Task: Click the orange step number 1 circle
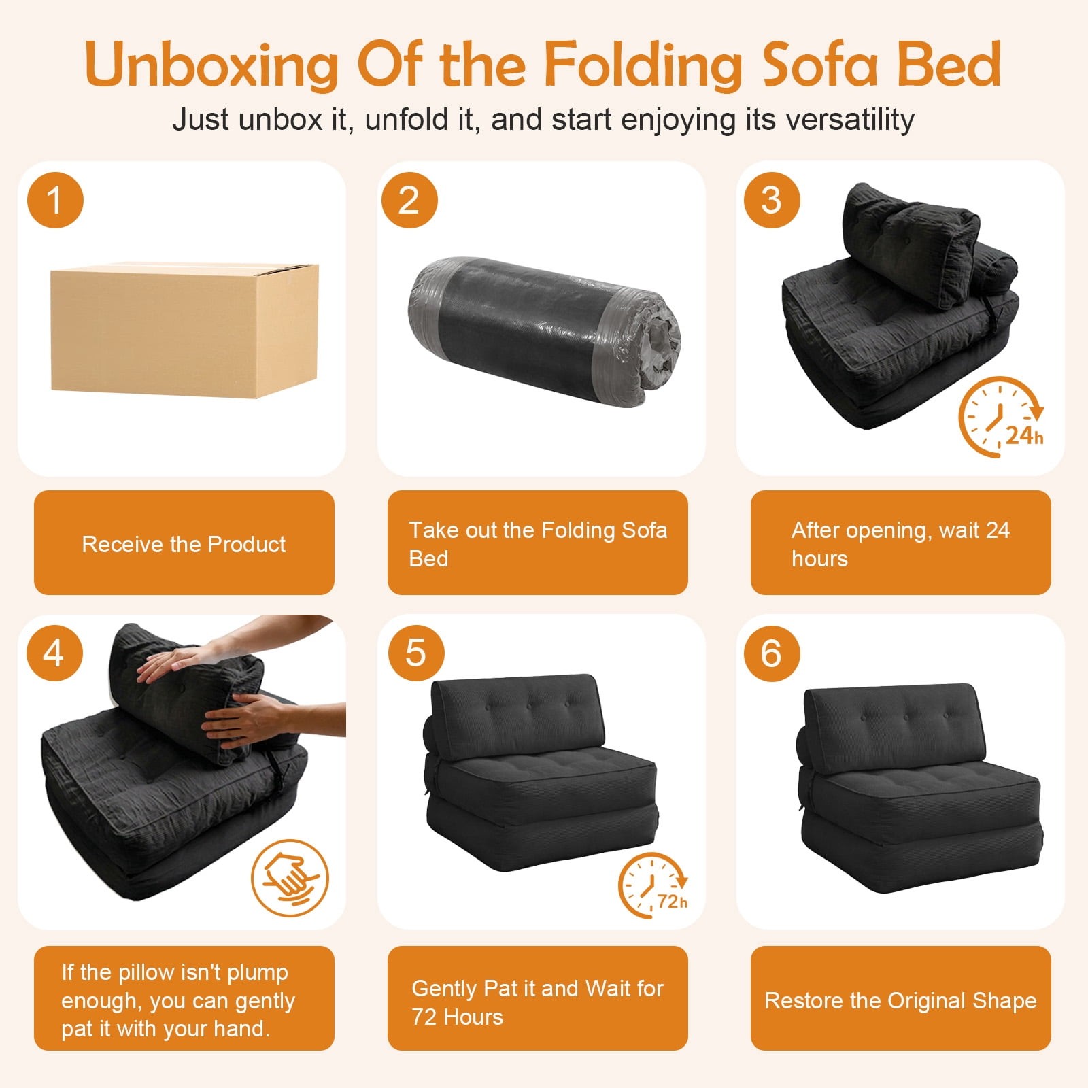[55, 201]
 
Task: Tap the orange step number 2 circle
[409, 201]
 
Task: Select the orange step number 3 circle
[772, 201]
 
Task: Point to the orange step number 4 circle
[54, 653]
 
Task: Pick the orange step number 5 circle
[415, 653]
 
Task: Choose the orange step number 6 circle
[772, 653]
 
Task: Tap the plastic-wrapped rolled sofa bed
[544, 332]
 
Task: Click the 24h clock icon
[1001, 416]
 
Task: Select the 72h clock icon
[653, 885]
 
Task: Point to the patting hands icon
[290, 877]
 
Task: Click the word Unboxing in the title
[211, 65]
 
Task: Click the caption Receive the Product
[184, 544]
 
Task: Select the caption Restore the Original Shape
[900, 1001]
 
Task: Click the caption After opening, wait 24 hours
[900, 544]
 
